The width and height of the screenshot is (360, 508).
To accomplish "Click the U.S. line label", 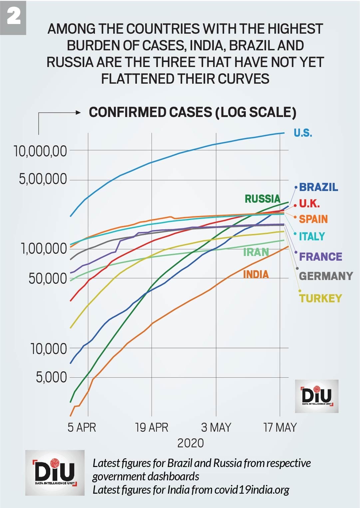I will (x=303, y=133).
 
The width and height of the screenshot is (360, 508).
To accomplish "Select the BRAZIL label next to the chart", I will (x=318, y=187).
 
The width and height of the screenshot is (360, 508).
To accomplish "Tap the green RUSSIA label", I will (x=262, y=199).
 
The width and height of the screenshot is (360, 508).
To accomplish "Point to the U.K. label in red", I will (x=309, y=203).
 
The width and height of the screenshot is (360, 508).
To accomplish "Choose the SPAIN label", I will (x=313, y=219).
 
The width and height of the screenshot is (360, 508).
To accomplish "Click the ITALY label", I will (x=312, y=236).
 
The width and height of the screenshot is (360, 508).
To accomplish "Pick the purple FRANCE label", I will (x=320, y=256).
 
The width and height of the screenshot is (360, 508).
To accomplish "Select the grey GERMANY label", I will (x=326, y=276).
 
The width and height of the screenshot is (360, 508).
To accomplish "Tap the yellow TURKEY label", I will (x=320, y=298).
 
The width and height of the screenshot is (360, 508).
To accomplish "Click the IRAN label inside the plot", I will (x=256, y=252).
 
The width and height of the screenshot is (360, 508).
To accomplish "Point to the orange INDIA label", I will (x=256, y=274).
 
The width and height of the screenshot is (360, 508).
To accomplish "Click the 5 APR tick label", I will (x=82, y=427).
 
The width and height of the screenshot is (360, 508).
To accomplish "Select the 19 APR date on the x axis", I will (x=152, y=427).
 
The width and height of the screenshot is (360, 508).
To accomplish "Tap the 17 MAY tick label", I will (x=280, y=427).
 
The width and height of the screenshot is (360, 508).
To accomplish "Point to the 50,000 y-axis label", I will (x=48, y=279).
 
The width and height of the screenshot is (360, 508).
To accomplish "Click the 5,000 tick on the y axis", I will (x=51, y=377).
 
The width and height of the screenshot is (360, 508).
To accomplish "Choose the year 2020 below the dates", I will (x=190, y=443).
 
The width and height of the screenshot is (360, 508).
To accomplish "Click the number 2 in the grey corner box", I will (x=14, y=16).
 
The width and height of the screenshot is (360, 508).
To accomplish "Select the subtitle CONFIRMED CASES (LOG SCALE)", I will (x=192, y=112).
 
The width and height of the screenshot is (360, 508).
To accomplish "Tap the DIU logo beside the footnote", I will (x=55, y=472).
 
